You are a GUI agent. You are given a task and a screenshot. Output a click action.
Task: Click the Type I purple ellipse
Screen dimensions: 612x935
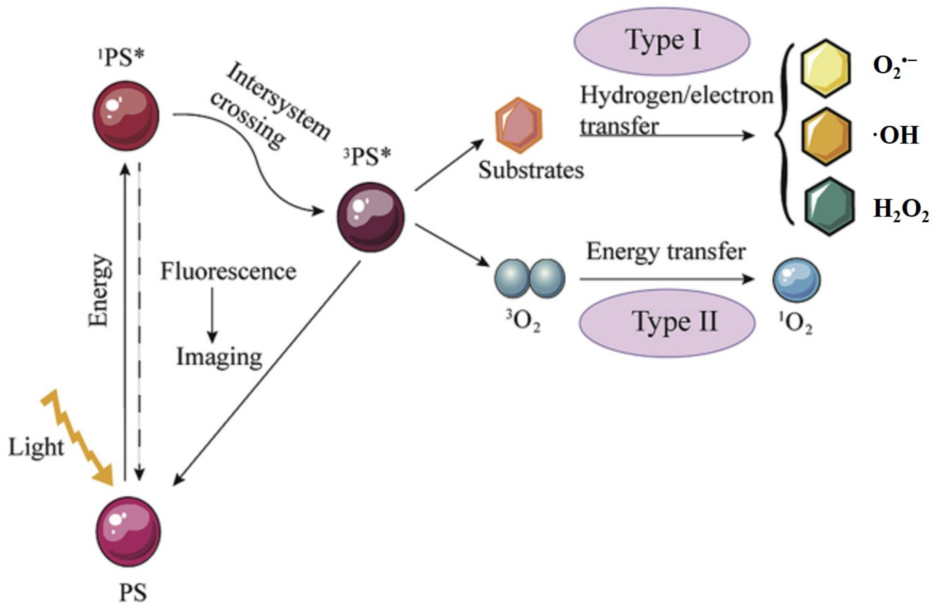(662, 41)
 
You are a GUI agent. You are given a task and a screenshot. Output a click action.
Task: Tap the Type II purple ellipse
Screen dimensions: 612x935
(667, 323)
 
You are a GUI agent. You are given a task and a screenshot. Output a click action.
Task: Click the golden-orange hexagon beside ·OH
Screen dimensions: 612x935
(826, 136)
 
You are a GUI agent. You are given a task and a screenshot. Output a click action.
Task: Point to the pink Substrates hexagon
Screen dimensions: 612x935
(519, 125)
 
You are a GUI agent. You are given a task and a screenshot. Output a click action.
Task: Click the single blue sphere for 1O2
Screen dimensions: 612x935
(796, 280)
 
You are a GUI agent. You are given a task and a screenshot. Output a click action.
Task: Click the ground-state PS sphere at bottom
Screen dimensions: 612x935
(128, 532)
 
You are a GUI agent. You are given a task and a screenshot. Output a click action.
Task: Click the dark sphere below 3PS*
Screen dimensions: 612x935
(371, 217)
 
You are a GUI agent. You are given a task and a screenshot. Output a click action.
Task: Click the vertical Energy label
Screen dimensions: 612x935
(98, 291)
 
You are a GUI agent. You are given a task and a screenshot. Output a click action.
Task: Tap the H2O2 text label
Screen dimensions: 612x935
(900, 209)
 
